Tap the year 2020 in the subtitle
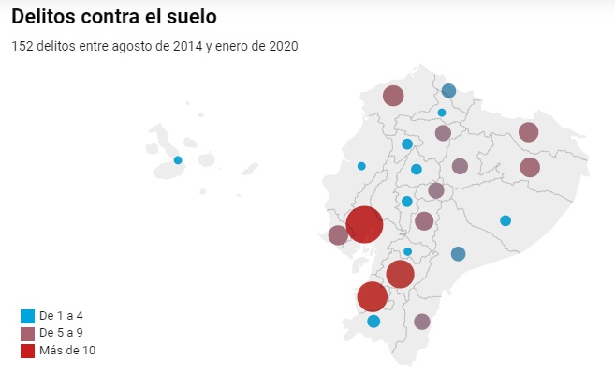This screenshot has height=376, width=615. tap(283, 46)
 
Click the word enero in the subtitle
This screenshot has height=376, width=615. tap(232, 46)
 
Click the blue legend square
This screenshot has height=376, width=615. tap(27, 316)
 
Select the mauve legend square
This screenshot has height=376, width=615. tap(27, 333)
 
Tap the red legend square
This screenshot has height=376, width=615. tap(27, 350)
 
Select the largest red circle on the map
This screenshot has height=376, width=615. tap(364, 225)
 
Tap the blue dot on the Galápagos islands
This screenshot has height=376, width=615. tap(178, 160)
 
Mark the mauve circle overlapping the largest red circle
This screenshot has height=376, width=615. tap(338, 235)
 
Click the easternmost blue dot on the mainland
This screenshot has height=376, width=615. tap(505, 220)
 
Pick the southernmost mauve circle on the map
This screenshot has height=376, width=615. tap(422, 322)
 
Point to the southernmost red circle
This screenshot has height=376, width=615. tap(373, 296)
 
